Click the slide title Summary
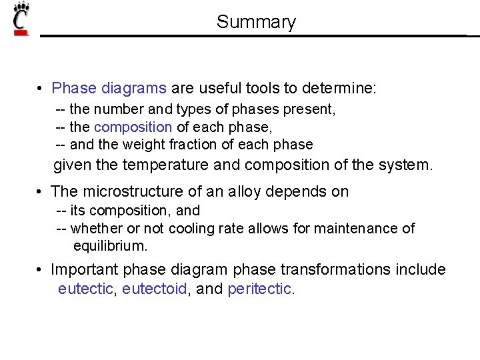tap(256, 22)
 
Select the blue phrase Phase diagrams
tap(109, 88)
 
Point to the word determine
tap(339, 88)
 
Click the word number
tap(117, 109)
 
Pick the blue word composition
tap(133, 127)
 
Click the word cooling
tap(191, 229)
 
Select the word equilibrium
tap(110, 246)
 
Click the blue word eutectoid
tap(154, 289)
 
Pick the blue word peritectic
tap(259, 289)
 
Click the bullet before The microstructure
tap(41, 192)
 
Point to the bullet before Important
tap(41, 270)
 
